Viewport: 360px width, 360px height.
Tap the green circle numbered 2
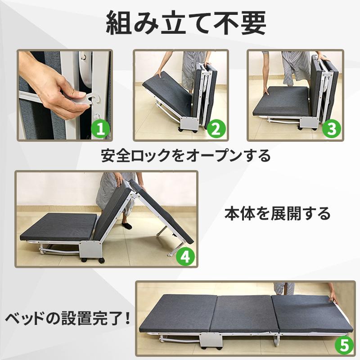216,129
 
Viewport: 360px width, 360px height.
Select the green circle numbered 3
332,129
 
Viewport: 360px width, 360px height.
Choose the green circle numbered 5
344,346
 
